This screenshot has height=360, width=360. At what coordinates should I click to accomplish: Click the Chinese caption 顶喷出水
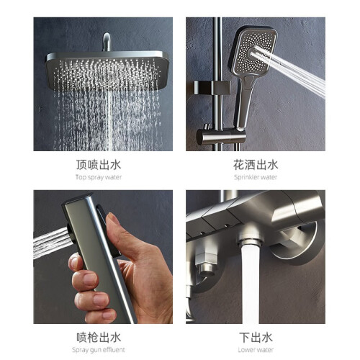[99, 165]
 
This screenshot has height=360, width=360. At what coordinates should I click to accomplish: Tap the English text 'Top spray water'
[99, 177]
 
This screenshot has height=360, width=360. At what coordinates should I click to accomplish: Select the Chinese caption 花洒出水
[256, 165]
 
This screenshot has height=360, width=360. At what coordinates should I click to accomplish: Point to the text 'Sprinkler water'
[256, 177]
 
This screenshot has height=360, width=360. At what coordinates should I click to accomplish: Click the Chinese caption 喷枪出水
[99, 338]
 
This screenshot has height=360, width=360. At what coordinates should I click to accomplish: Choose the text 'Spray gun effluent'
[99, 350]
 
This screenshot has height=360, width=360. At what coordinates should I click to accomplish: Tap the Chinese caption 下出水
[256, 338]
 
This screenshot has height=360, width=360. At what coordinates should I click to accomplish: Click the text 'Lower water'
[256, 350]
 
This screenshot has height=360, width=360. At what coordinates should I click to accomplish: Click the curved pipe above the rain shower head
[107, 41]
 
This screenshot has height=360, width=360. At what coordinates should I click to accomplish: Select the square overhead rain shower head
[107, 71]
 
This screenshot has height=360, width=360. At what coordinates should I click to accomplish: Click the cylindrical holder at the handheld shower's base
[221, 137]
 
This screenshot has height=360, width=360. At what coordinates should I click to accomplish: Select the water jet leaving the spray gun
[51, 243]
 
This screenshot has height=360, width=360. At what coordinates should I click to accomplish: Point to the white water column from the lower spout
[251, 283]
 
